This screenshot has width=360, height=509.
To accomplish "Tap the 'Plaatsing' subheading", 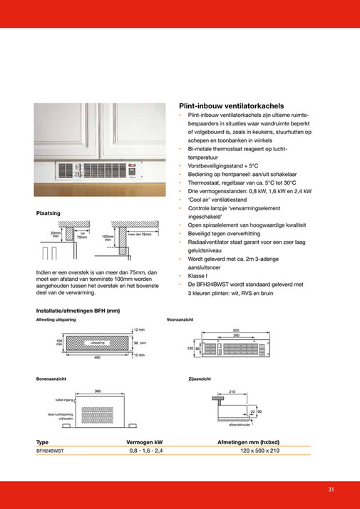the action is click(48, 213).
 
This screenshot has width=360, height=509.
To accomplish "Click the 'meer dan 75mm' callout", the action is click(140, 234).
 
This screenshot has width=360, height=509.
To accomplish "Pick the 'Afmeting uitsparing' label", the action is click(56, 320).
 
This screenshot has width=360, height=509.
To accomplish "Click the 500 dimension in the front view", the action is click(236, 330).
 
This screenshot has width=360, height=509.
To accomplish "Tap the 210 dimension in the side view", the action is click(232, 391).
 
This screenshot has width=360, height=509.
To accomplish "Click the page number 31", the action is click(331, 489).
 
